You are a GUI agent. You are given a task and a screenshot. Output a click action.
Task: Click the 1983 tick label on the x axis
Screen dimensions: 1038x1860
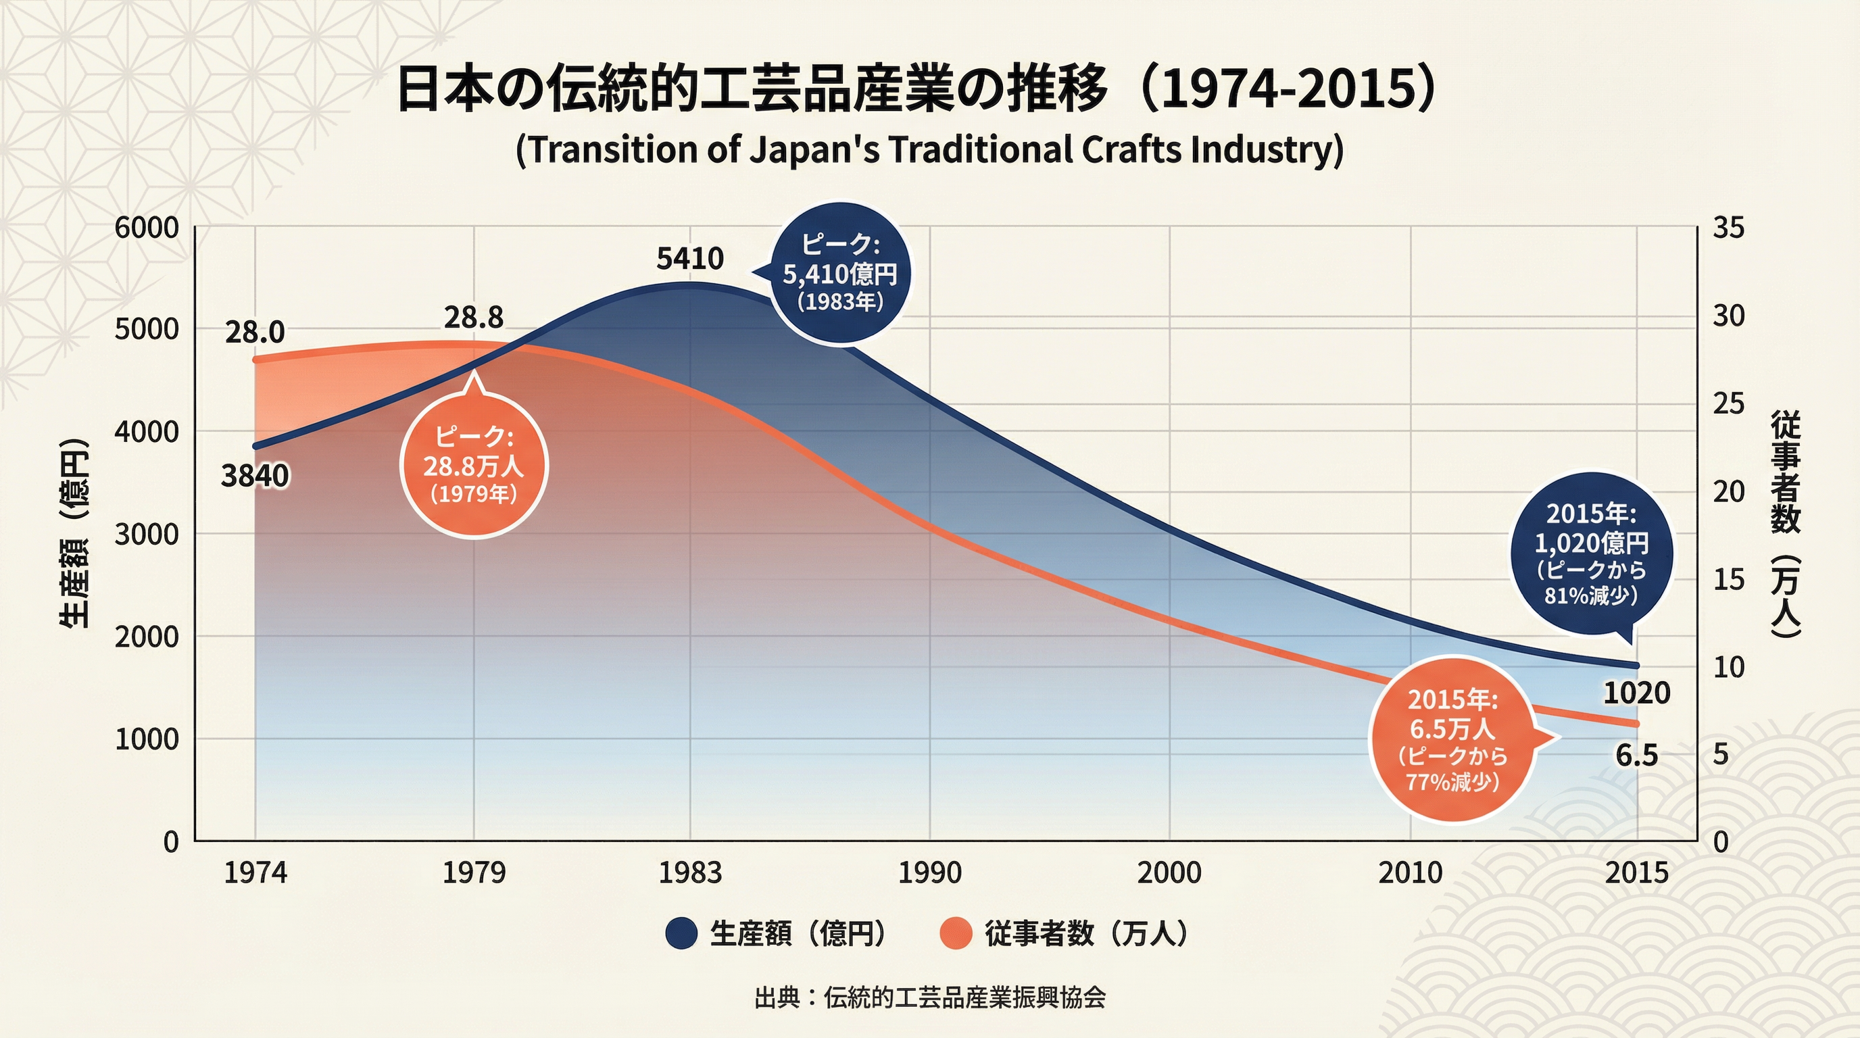[x=689, y=873]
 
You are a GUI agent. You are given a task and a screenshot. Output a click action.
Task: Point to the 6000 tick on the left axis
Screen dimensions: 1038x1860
[x=147, y=228]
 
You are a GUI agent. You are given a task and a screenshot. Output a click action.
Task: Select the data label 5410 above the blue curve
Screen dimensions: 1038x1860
[x=689, y=258]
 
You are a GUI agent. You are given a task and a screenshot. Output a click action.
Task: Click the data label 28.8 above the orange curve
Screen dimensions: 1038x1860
[x=474, y=318]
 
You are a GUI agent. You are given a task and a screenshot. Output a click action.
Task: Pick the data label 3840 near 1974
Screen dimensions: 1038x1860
[x=255, y=476]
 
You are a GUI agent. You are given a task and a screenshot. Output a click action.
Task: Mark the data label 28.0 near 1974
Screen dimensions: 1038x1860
[x=255, y=332]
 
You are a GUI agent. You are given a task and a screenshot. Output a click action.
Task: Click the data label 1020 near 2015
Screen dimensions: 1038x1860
[x=1637, y=693]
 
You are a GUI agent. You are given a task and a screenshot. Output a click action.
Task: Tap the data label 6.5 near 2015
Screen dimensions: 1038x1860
[x=1637, y=755]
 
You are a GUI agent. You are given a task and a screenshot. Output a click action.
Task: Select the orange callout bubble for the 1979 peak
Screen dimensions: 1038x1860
[x=474, y=466]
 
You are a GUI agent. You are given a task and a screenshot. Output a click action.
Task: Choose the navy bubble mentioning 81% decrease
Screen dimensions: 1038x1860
[x=1592, y=554]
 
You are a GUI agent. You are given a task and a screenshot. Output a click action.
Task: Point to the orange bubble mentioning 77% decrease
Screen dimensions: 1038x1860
[x=1452, y=740]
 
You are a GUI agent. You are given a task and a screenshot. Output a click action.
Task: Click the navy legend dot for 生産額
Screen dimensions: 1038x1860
[x=681, y=933]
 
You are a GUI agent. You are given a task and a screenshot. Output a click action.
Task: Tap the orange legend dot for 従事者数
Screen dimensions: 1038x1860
[x=955, y=933]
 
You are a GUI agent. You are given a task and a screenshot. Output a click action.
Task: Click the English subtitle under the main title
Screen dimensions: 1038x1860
[x=929, y=150]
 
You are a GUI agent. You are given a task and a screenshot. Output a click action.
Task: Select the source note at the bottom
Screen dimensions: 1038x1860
[x=929, y=997]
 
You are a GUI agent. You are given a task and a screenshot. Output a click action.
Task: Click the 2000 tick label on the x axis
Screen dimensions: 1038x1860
[x=1169, y=873]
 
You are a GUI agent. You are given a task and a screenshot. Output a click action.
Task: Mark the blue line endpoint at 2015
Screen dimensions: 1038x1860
[x=1636, y=666]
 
